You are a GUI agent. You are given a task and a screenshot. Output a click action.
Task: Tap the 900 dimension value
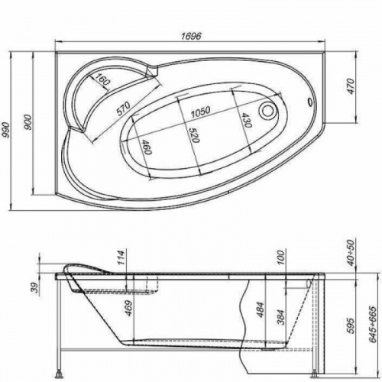point(28,126)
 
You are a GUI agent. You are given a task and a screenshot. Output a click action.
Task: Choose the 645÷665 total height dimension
point(372,324)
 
